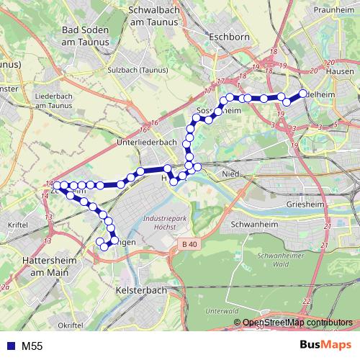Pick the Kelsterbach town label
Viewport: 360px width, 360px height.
pos(141,289)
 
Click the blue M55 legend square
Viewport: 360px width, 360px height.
pos(12,346)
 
